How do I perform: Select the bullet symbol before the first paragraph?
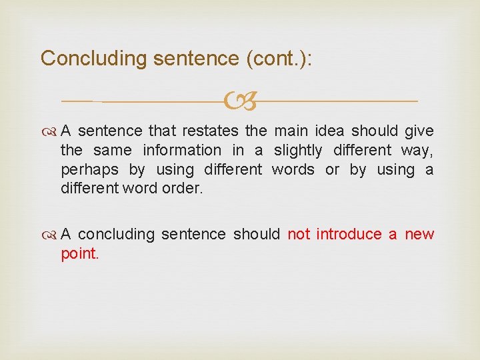[x=51, y=131]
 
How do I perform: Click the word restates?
[x=210, y=131]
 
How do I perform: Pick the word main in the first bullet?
[x=291, y=131]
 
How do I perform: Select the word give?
[x=418, y=131]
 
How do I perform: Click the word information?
[x=182, y=150]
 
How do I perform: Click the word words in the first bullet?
[x=293, y=169]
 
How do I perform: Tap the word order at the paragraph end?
[x=182, y=189]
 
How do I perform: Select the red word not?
[x=298, y=235]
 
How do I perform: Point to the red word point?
[x=79, y=254]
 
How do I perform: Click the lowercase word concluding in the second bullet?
[x=119, y=235]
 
